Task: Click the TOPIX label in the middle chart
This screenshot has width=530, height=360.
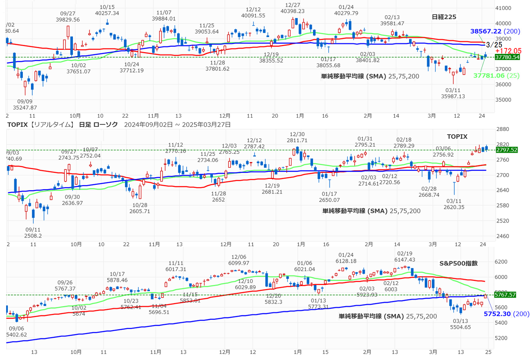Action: pyautogui.click(x=457, y=136)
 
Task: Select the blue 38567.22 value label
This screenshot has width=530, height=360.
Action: pyautogui.click(x=486, y=31)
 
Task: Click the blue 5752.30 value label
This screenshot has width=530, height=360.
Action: pyautogui.click(x=498, y=314)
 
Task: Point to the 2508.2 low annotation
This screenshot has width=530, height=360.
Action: pyautogui.click(x=33, y=235)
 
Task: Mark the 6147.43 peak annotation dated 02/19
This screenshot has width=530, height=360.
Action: pyautogui.click(x=405, y=259)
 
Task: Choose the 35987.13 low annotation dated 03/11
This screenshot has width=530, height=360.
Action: pyautogui.click(x=453, y=96)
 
